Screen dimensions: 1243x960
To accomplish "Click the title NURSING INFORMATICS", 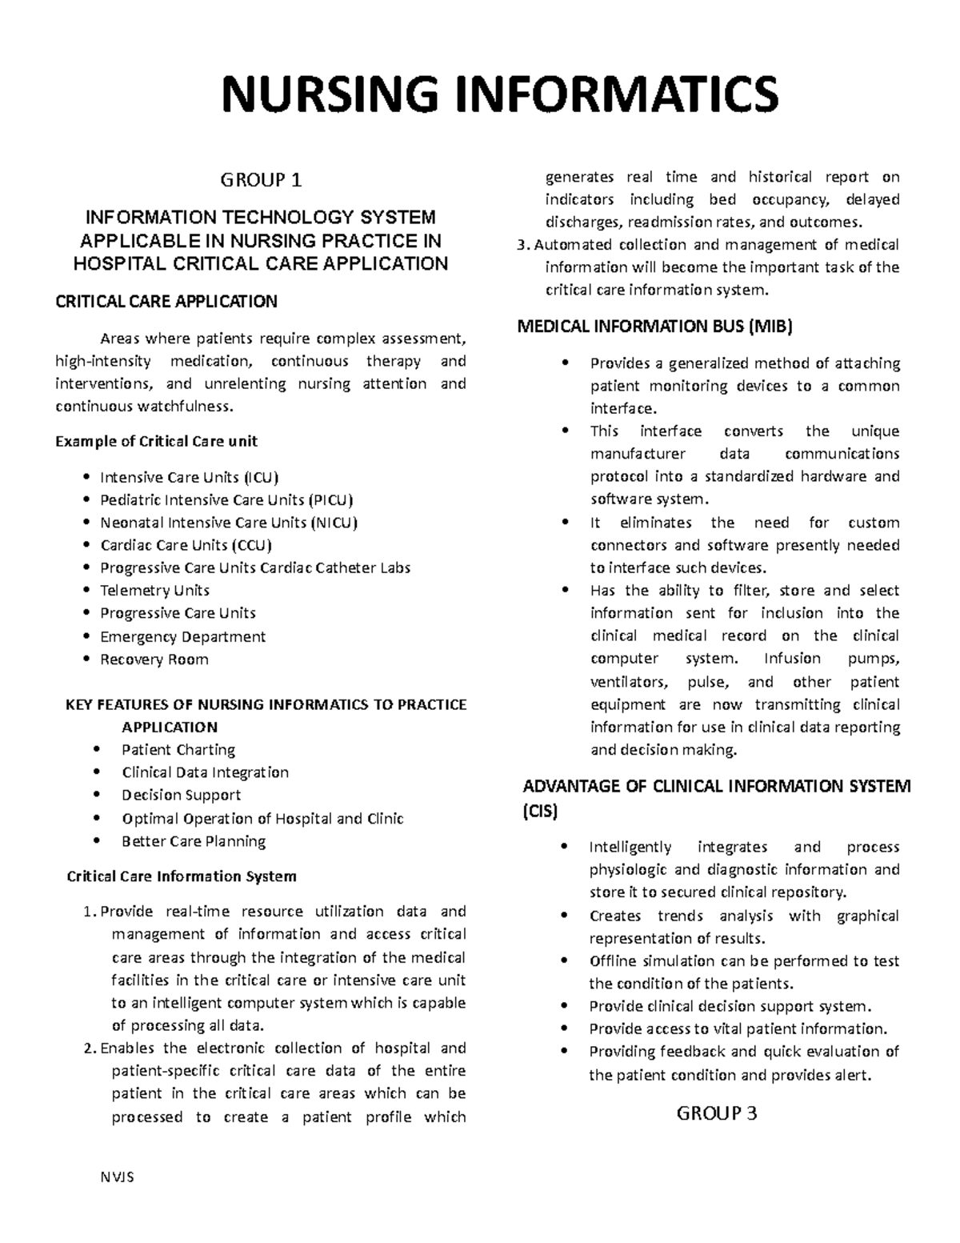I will click(500, 94).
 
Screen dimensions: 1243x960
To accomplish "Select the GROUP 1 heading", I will click(261, 181).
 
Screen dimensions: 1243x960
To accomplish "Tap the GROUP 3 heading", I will click(717, 1113).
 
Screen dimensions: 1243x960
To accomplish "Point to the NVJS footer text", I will click(117, 1177).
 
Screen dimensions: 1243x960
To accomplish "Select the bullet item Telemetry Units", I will click(154, 591).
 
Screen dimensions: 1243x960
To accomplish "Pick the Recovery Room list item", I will click(154, 660).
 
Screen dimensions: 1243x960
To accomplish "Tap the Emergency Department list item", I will click(182, 637).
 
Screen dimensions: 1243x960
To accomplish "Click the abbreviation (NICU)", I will click(333, 523).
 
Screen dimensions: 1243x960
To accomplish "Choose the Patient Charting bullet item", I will click(178, 750).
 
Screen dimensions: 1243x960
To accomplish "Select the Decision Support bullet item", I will click(181, 795).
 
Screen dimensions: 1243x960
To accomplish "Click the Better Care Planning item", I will click(194, 841).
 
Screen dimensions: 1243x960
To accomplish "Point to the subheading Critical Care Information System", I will click(182, 876).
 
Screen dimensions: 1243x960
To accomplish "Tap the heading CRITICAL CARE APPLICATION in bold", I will click(166, 302).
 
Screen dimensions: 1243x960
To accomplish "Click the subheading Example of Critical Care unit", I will click(156, 441).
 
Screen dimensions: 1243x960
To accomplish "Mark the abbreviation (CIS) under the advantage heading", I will click(539, 811).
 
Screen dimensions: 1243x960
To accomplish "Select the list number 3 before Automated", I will click(522, 245).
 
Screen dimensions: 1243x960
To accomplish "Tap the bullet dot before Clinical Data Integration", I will click(97, 772).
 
